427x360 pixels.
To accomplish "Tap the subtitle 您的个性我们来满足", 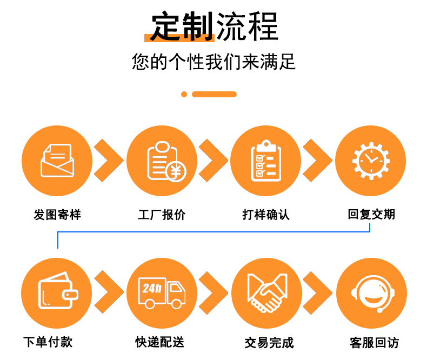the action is (214, 62).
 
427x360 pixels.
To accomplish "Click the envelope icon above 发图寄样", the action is (56, 161).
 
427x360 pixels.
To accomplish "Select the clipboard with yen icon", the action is (162, 161).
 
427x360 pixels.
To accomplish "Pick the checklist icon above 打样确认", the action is (266, 161).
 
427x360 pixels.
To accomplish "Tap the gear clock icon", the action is (370, 161).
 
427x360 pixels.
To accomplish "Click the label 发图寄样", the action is (57, 215).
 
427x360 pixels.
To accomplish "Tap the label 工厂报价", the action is (162, 215).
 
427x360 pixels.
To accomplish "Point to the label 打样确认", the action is (266, 215).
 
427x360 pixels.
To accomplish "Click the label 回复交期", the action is (371, 215).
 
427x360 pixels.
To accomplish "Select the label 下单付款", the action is (48, 342).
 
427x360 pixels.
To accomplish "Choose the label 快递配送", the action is (160, 342).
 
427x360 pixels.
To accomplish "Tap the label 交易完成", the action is (269, 343).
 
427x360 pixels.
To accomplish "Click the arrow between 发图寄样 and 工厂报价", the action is (109, 161).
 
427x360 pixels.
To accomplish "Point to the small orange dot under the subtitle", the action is (184, 94).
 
